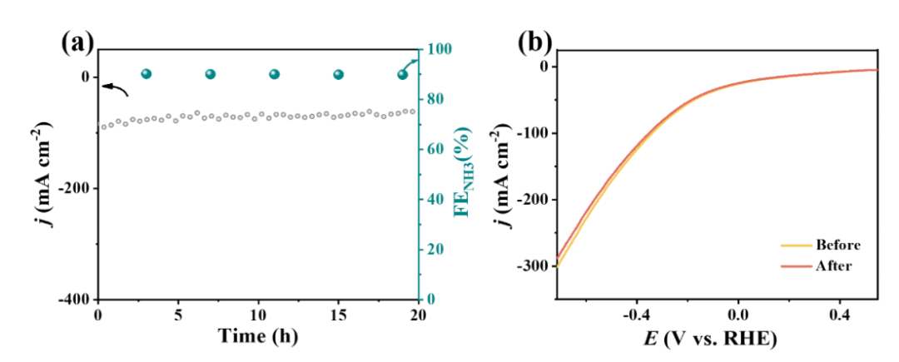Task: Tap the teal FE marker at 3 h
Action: coord(147,74)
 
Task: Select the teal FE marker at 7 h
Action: coord(210,74)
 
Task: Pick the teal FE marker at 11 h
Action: coord(274,74)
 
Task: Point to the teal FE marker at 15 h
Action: coord(339,74)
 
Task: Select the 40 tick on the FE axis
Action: coord(435,200)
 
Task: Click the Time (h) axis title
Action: coord(258,337)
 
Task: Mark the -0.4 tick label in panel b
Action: coord(637,315)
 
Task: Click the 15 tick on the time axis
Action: coord(338,315)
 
